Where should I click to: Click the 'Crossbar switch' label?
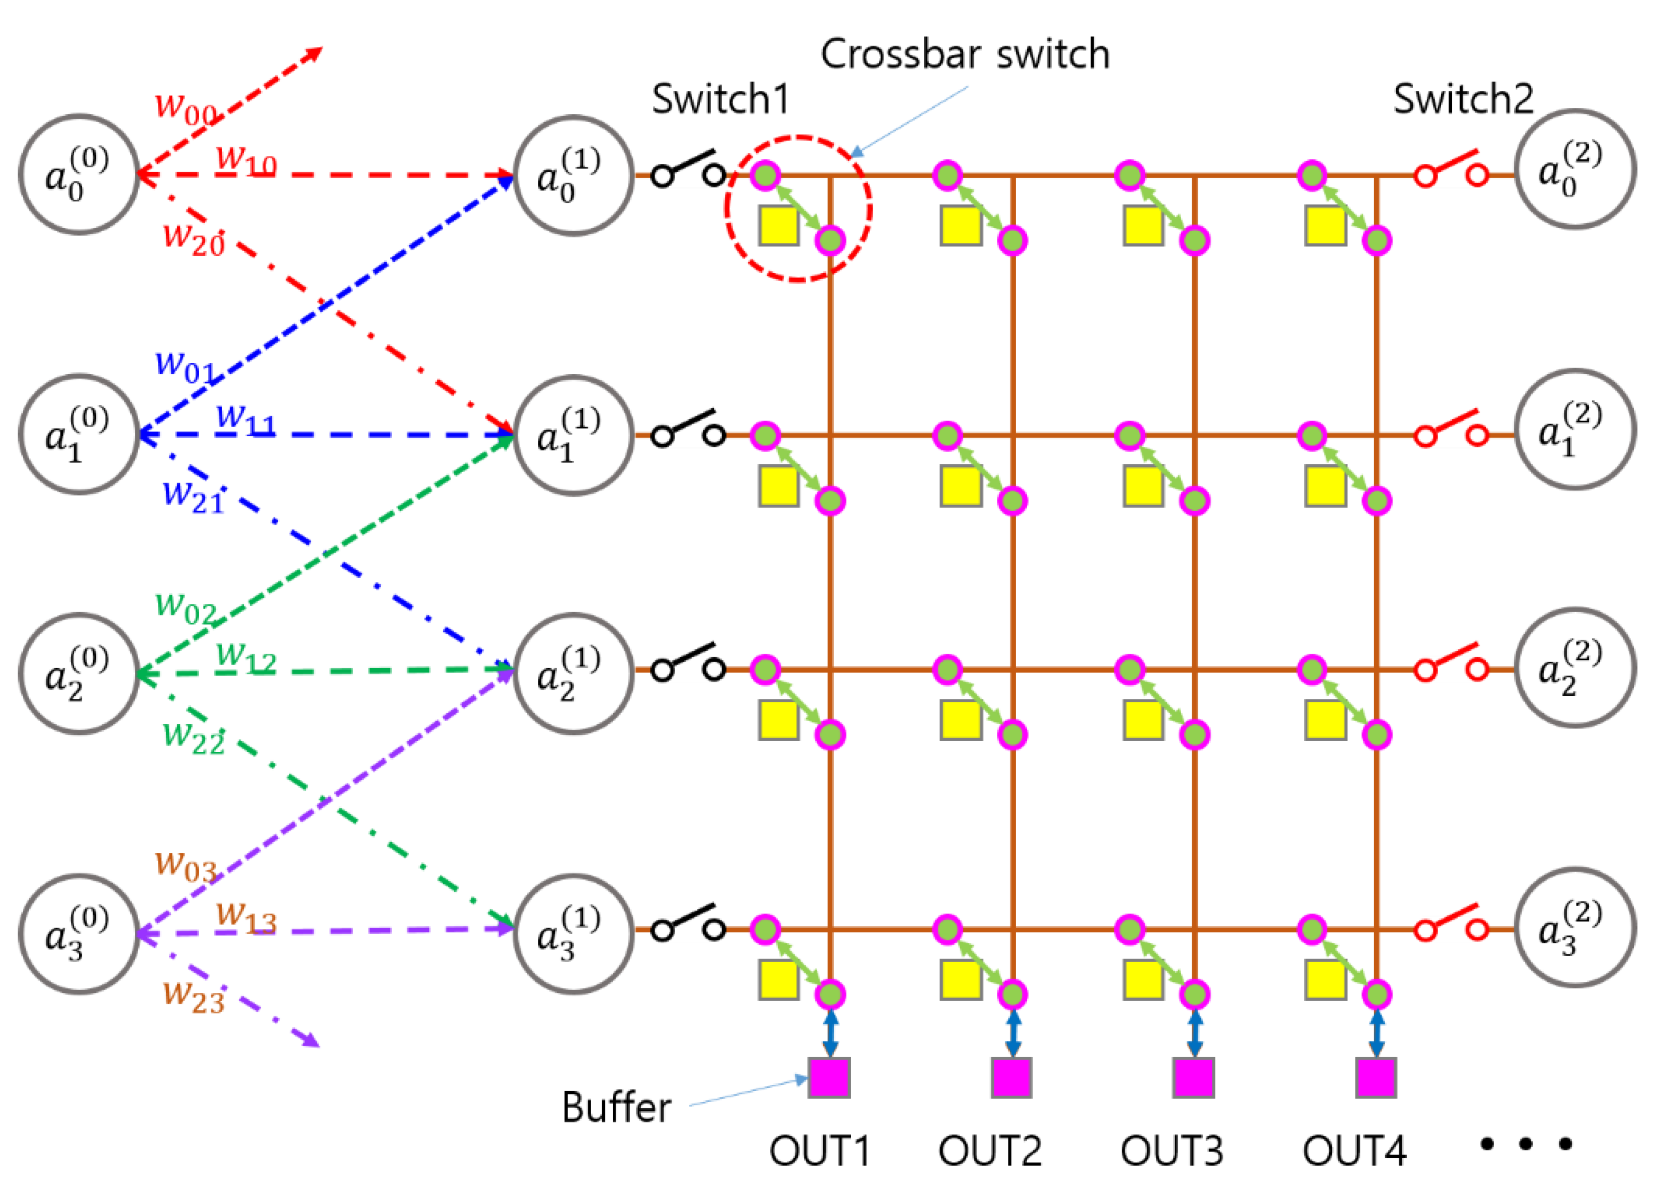[x=965, y=54]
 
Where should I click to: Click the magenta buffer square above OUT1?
[x=829, y=1077]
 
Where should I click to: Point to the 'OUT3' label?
[x=1171, y=1150]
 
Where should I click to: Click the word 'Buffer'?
[x=616, y=1108]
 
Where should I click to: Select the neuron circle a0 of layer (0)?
[x=79, y=175]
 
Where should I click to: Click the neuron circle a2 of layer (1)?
[x=573, y=673]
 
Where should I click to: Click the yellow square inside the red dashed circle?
[x=778, y=225]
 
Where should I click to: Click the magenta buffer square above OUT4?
[x=1376, y=1077]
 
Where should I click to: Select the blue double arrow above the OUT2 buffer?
[x=1013, y=1033]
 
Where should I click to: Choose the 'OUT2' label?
[x=989, y=1150]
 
